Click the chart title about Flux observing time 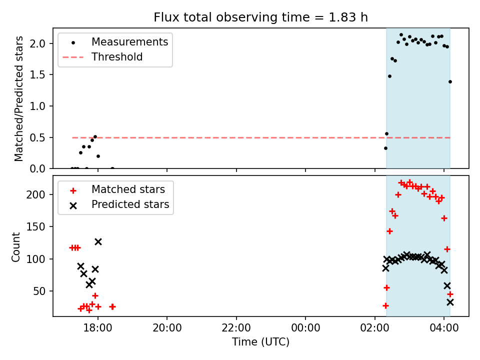pos(260,17)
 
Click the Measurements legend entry pos(129,42)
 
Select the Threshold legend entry pos(117,57)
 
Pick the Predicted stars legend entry pos(130,204)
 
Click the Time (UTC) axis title pos(260,342)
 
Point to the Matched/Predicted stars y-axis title pos(19,98)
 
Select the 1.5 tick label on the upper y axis pos(41,75)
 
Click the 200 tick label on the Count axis pos(39,194)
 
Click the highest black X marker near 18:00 pos(98,241)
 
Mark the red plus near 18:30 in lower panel pos(112,306)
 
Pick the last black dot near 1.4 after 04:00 pos(450,81)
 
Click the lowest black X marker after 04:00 pos(450,302)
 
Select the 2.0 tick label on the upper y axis pos(41,43)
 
